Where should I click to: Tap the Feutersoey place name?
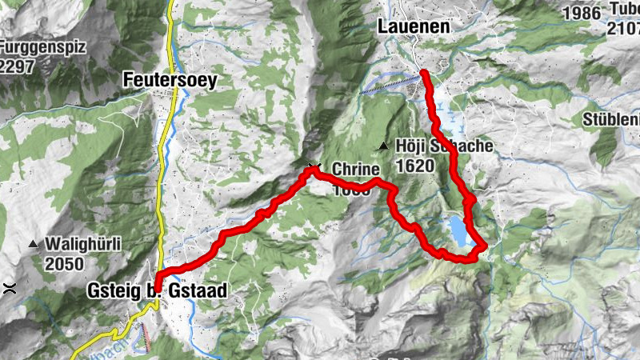tap(170, 80)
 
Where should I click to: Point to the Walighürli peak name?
tap(84, 245)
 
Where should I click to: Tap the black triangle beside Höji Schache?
tap(384, 146)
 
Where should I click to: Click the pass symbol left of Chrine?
tap(313, 167)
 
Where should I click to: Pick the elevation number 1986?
tap(580, 13)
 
